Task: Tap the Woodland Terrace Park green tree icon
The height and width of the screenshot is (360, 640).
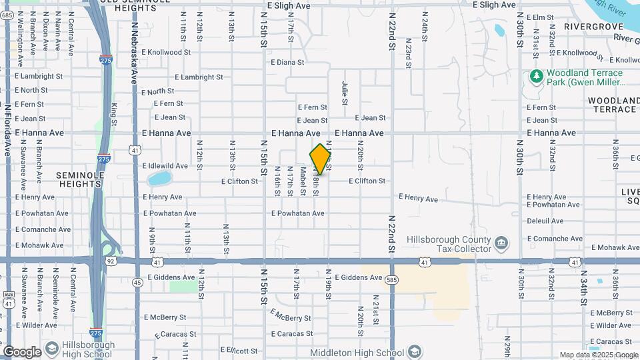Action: tap(536, 77)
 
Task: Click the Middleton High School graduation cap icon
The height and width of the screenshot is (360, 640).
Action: tap(415, 351)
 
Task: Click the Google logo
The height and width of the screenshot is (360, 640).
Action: tap(22, 352)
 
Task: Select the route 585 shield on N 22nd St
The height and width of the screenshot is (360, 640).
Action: tap(391, 281)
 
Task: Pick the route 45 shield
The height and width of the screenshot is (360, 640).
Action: tap(137, 282)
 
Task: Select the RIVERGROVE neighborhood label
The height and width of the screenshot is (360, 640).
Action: tap(593, 26)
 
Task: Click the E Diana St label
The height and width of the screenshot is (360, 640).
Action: tap(287, 62)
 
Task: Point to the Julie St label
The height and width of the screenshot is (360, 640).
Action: tap(345, 93)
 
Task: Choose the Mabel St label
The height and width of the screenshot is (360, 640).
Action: tap(303, 181)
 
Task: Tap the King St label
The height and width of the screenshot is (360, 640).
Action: tap(114, 113)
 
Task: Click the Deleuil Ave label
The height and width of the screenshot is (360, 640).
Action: tap(545, 221)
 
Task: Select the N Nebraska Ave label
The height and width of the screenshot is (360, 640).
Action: tap(134, 53)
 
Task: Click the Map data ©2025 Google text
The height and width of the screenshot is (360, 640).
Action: tap(599, 355)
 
